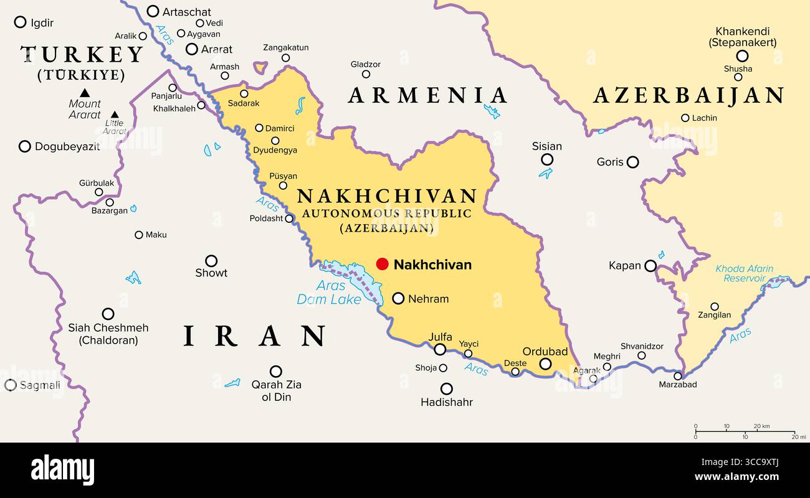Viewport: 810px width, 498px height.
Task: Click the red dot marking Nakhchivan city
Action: tap(382, 264)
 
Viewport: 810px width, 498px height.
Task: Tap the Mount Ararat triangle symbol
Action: tap(85, 93)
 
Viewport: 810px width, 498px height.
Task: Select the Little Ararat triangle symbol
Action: tap(114, 115)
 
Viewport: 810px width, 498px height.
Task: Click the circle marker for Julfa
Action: tap(440, 349)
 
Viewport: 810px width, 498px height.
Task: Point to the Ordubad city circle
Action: tap(545, 364)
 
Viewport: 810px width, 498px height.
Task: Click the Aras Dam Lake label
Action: tap(330, 293)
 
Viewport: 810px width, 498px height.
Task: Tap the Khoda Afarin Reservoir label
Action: tap(744, 274)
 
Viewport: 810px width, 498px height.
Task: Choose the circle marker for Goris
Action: tap(632, 162)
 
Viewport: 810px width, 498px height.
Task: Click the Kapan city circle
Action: tap(650, 266)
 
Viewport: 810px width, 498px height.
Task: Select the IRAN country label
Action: tap(254, 336)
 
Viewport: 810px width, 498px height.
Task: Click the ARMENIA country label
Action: tap(427, 95)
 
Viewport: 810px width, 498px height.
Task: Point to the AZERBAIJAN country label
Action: tap(688, 95)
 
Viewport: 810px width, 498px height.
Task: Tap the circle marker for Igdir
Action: tap(20, 22)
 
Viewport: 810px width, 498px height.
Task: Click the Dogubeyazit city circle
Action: tap(25, 146)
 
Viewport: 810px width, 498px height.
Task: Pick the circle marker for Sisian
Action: tap(546, 159)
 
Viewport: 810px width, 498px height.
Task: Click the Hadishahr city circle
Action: tap(446, 388)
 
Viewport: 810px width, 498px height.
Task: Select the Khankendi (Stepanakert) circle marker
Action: tap(741, 56)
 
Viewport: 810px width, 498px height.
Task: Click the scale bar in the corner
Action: tap(745, 431)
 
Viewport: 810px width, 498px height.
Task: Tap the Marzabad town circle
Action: tap(678, 375)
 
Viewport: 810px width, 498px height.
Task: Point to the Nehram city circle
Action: tap(398, 298)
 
